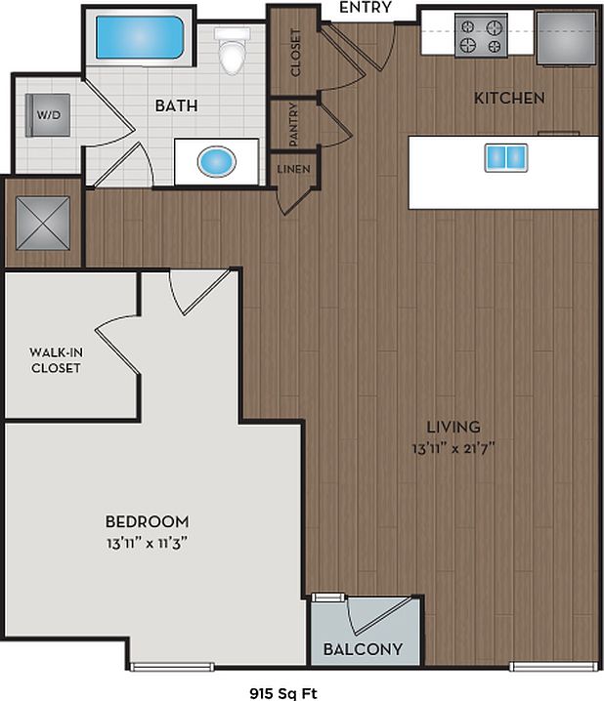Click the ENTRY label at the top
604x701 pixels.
click(365, 8)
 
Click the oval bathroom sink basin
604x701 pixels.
click(216, 161)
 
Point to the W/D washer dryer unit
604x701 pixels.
click(49, 115)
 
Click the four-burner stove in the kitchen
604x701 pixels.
click(481, 36)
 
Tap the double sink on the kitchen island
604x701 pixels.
click(505, 157)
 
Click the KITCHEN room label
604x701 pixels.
click(509, 99)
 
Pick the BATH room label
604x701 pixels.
click(177, 105)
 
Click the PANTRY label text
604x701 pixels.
click(293, 123)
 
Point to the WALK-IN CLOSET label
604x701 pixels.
click(55, 360)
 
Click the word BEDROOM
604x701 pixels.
click(147, 522)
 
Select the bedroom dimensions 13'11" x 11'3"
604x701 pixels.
click(147, 543)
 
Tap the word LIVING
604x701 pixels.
click(453, 427)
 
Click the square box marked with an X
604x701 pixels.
click(44, 222)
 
